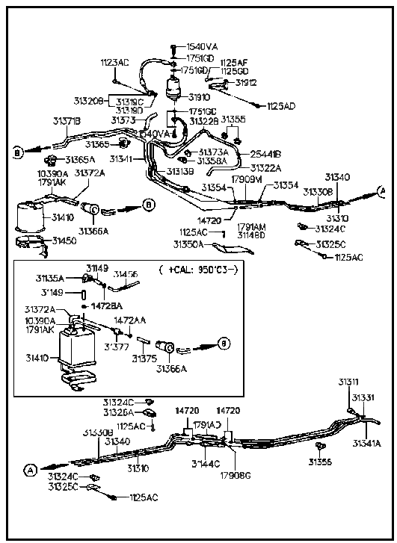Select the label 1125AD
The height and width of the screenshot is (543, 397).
click(280, 106)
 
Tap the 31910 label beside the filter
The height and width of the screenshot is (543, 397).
click(199, 96)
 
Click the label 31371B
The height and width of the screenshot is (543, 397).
click(67, 120)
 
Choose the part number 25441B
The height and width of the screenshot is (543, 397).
click(265, 154)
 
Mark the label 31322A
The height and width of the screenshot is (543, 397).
click(265, 168)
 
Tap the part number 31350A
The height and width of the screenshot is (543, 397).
click(188, 243)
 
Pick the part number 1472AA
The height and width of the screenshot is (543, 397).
click(129, 320)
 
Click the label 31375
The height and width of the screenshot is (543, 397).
click(144, 359)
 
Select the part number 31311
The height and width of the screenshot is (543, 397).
click(348, 382)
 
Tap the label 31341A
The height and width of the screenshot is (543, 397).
click(367, 442)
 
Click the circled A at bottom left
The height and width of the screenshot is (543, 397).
click(30, 470)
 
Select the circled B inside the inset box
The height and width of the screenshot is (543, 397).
click(222, 344)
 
